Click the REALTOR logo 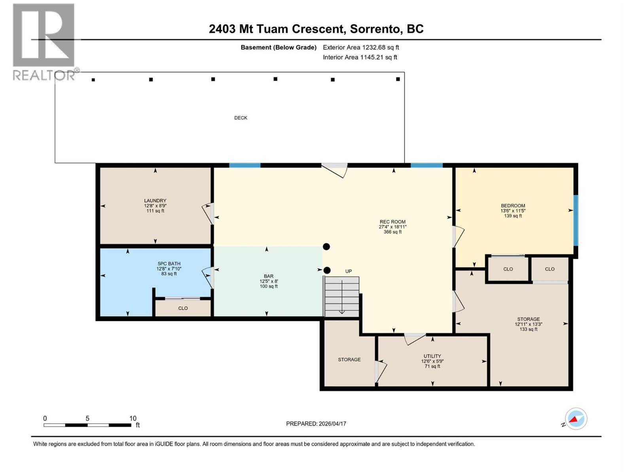click(44, 42)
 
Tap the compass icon click(576, 419)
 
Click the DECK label click(241, 118)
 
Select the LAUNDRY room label click(155, 201)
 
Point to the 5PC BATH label click(169, 264)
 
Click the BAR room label click(269, 276)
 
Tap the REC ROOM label click(392, 222)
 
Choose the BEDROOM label click(513, 206)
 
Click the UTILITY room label click(432, 356)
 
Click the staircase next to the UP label click(341, 296)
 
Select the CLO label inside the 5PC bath click(183, 308)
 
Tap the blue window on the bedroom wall click(576, 220)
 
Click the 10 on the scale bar click(133, 418)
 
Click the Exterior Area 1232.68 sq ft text click(361, 47)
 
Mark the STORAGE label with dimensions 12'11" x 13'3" click(528, 319)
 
